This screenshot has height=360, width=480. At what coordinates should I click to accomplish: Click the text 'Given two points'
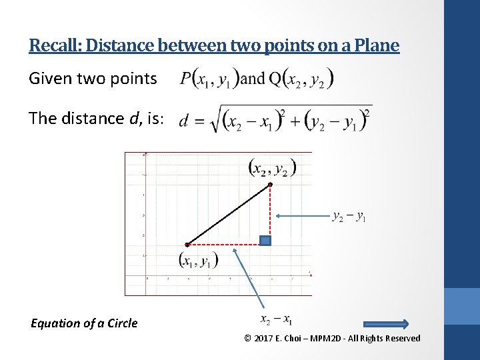tap(93, 79)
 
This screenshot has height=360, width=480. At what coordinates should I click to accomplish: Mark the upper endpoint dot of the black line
tap(270, 184)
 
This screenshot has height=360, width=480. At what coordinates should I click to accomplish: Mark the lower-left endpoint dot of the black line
tap(187, 244)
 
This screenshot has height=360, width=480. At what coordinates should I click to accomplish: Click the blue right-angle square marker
tap(265, 241)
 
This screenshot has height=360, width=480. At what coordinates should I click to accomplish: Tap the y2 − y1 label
tap(349, 216)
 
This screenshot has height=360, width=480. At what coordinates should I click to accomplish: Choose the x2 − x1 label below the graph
tap(276, 320)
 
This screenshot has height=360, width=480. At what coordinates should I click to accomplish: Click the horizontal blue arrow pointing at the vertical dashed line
tap(303, 215)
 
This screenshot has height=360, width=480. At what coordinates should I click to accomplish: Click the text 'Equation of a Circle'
tap(84, 323)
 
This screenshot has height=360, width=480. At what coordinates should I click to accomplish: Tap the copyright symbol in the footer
tap(248, 339)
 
